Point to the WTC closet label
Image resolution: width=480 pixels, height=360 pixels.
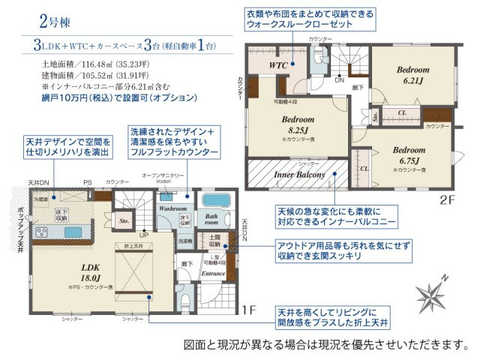coord(279,65)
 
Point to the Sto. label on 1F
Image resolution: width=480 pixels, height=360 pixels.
coord(124,221)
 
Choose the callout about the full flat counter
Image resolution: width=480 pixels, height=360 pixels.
coord(175,141)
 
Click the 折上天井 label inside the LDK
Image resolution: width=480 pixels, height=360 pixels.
coord(124,246)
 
